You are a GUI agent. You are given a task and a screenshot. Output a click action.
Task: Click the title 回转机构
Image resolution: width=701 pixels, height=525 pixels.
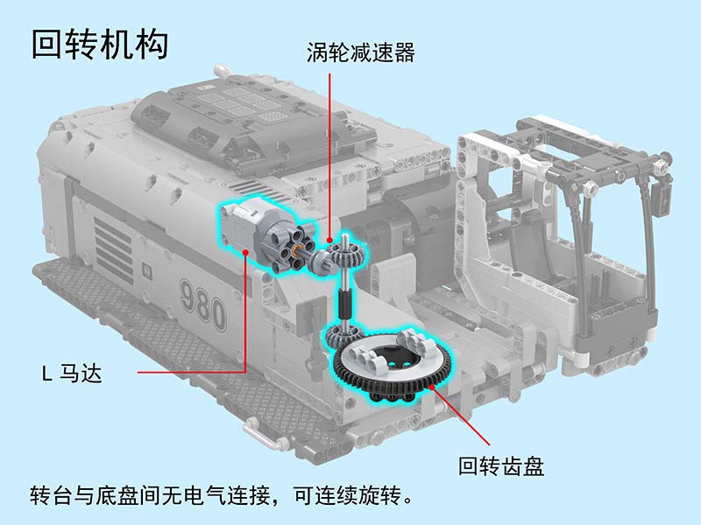[100, 45]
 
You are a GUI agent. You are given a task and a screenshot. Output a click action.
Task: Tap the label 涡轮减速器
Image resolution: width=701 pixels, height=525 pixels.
[360, 52]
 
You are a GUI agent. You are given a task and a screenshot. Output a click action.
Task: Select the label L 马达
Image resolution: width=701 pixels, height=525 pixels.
[72, 374]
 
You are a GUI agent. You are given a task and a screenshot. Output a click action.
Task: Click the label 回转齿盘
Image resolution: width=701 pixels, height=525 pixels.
[501, 466]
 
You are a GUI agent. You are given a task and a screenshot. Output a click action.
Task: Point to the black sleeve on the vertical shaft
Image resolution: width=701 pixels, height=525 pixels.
[344, 304]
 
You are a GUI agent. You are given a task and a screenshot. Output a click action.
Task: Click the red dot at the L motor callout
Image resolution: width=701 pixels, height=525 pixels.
[245, 253]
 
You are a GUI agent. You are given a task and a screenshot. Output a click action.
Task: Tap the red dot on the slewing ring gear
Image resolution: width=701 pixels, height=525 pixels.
[432, 387]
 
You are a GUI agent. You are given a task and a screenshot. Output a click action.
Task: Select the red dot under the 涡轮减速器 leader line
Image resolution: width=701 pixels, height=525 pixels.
[330, 240]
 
